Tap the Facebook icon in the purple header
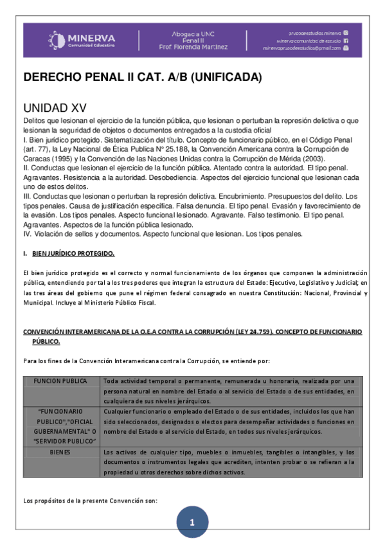pyautogui.click(x=346, y=40)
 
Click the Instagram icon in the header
pyautogui.click(x=346, y=32)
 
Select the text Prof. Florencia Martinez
pyautogui.click(x=199, y=47)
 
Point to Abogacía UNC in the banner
pyautogui.click(x=199, y=33)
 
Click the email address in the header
pyautogui.click(x=302, y=48)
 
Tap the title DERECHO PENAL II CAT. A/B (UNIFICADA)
pyautogui.click(x=143, y=77)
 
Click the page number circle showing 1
pyautogui.click(x=192, y=523)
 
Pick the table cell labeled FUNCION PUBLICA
pyautogui.click(x=61, y=381)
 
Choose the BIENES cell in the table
pyautogui.click(x=61, y=452)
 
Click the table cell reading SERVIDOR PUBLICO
pyautogui.click(x=61, y=440)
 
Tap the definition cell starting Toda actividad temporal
pyautogui.click(x=228, y=391)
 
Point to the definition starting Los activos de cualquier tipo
pyautogui.click(x=228, y=462)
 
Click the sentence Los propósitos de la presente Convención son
pyautogui.click(x=90, y=500)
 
